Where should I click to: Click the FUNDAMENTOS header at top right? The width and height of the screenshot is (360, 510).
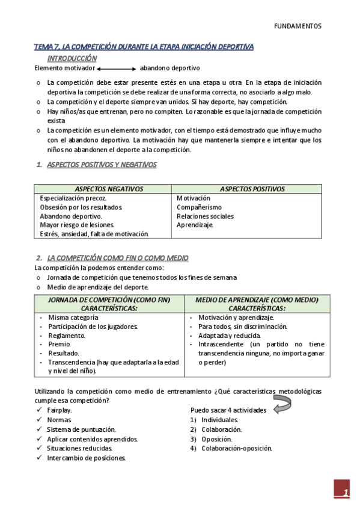tap(297, 26)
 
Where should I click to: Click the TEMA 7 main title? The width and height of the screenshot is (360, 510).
tap(144, 46)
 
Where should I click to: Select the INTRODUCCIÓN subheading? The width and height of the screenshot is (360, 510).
tap(72, 58)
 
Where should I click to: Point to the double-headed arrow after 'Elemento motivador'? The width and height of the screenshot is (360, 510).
tap(116, 69)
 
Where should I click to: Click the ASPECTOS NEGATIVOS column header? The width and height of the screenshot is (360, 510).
tap(109, 189)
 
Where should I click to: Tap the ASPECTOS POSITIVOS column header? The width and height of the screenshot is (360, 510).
tap(252, 189)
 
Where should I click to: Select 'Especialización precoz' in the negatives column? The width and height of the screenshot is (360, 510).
tap(73, 198)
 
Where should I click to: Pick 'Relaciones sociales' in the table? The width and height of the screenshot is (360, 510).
tap(205, 216)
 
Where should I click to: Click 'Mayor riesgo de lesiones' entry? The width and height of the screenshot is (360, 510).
tap(76, 225)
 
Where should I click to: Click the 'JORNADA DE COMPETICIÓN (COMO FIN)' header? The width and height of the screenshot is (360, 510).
tap(109, 300)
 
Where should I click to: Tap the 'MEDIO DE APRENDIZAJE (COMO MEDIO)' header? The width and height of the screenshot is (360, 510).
tap(257, 300)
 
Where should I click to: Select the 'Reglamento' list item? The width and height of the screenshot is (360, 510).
tap(67, 336)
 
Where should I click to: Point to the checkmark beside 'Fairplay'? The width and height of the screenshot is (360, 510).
tap(38, 410)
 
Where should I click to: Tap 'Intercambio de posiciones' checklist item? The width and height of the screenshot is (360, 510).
tap(86, 458)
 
